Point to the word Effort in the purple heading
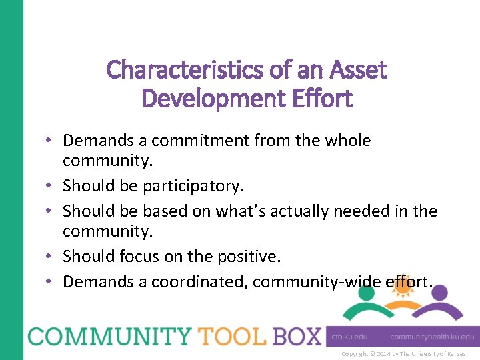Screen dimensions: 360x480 323,99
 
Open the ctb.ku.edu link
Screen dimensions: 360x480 349,337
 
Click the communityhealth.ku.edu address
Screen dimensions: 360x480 432,337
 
